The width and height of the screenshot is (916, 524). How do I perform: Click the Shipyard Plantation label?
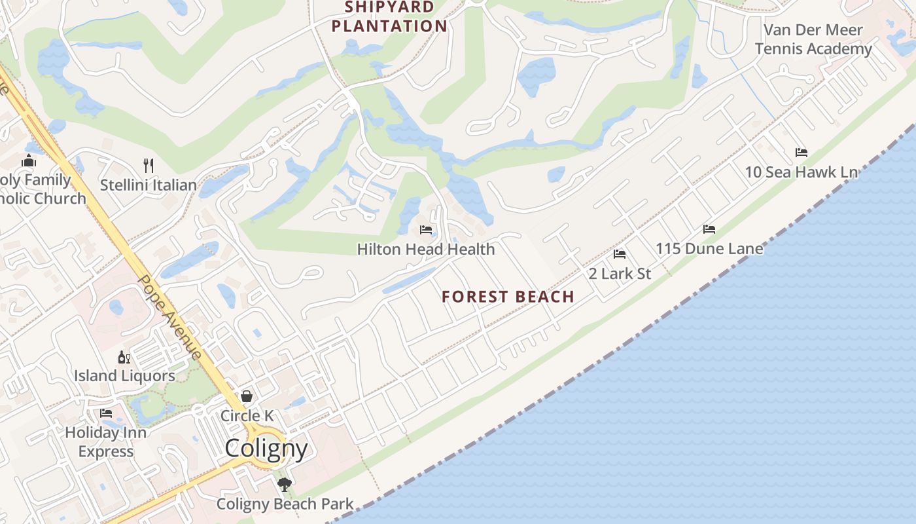point(389,17)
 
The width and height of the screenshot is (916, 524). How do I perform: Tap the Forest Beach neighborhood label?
point(508,297)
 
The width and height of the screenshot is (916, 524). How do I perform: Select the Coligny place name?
point(266,449)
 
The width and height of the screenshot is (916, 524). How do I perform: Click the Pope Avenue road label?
point(169,316)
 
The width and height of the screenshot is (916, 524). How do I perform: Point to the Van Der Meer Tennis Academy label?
point(813,39)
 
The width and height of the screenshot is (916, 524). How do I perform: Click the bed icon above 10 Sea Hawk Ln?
point(801,153)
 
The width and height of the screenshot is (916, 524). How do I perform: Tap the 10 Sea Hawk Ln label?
point(801,172)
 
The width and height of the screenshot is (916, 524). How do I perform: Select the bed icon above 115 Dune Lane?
point(709,229)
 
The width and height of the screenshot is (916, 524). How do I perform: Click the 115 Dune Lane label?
point(709,249)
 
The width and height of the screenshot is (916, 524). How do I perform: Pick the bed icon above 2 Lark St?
point(620,254)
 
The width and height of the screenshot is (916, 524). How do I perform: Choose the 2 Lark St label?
point(620,274)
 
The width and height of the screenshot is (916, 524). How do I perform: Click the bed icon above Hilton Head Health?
point(426,230)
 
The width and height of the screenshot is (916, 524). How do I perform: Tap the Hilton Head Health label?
point(426,250)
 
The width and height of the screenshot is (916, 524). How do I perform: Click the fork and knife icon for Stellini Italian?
point(149,165)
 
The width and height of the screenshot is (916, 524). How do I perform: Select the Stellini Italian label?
point(149,185)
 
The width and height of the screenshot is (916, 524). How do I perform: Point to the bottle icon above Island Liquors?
point(124,357)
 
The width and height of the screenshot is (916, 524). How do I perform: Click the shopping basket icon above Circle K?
point(247,396)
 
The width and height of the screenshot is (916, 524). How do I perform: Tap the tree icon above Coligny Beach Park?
point(284,485)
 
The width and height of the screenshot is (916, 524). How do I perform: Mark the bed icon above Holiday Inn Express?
point(106,413)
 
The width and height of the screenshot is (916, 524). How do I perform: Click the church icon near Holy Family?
point(29,160)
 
